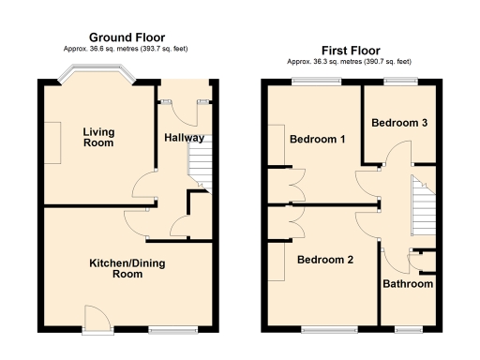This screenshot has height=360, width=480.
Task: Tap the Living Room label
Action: pos(97,137)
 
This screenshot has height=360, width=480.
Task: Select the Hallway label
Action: pos(184,138)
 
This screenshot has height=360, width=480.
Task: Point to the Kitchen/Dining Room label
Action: pos(127,269)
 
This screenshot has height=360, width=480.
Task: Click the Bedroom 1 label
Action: pos(317,140)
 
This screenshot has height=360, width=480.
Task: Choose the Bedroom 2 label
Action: pos(324,260)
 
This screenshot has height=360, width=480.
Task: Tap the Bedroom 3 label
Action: pos(399,123)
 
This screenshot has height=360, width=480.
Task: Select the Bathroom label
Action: pos(408,284)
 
